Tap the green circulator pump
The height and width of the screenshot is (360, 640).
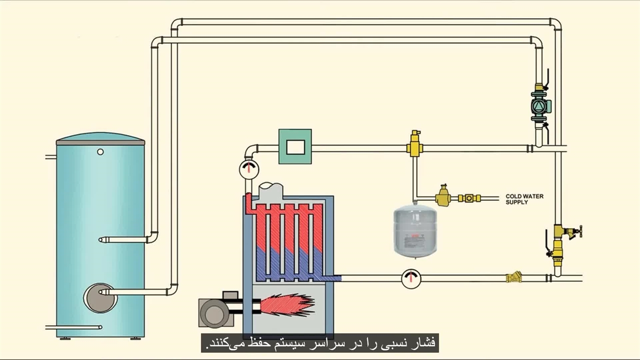click(x=540, y=106)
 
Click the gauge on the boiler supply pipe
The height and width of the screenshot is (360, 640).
click(x=248, y=169)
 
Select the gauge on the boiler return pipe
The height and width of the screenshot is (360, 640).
click(x=411, y=278)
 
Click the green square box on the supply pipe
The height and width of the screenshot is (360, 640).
click(x=295, y=146)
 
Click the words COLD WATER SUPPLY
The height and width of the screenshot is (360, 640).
click(x=524, y=199)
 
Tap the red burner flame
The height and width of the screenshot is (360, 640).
click(x=287, y=304)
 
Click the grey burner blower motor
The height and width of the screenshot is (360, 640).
click(x=214, y=313)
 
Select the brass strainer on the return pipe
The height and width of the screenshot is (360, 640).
click(x=514, y=277)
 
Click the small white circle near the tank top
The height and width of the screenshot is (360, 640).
click(x=100, y=151)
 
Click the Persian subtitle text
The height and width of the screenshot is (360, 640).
click(x=320, y=343)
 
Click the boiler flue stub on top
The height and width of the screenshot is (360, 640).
click(x=270, y=190)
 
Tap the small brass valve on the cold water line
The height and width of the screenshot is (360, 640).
click(x=469, y=198)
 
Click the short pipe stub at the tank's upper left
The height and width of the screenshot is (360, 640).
click(x=51, y=157)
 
